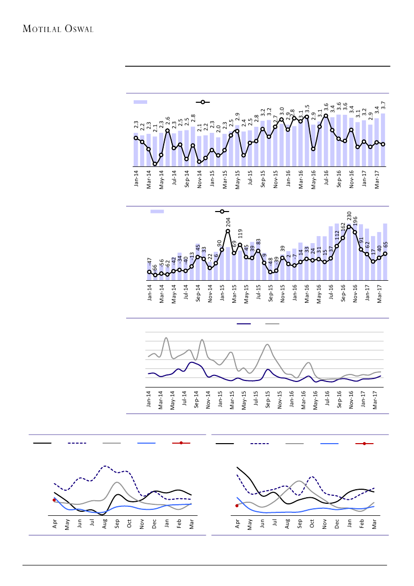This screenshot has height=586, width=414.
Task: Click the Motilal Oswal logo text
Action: pos(59,29)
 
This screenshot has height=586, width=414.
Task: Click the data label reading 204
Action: pos(228,221)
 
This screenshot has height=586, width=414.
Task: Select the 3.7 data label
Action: pos(383,105)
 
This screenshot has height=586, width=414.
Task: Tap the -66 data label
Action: pos(155,267)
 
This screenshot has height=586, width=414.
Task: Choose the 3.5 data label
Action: pos(307,109)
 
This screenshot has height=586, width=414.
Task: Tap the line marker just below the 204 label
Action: pos(228,231)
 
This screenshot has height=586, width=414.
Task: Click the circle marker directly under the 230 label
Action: pos(349,227)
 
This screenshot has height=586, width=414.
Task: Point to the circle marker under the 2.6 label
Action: pos(167,131)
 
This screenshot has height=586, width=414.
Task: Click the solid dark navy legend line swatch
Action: pos(244,324)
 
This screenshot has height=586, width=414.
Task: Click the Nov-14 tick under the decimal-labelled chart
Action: pos(199,178)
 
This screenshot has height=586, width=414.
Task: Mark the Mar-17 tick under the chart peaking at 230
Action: pos(379,293)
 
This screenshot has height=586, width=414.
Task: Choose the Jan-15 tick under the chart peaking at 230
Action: pos(222,292)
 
